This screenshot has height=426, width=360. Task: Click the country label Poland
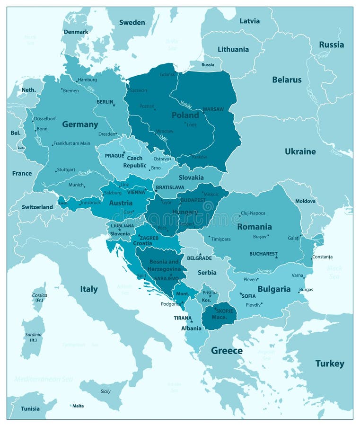pyautogui.click(x=185, y=115)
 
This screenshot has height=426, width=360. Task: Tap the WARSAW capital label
pyautogui.click(x=213, y=109)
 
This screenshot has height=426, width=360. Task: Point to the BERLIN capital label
pyautogui.click(x=105, y=102)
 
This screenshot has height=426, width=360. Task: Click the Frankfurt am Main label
pyautogui.click(x=72, y=143)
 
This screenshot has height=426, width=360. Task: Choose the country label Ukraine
pyautogui.click(x=300, y=151)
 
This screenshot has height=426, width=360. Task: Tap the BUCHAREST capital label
pyautogui.click(x=263, y=254)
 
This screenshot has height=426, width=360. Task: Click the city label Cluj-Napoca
pyautogui.click(x=253, y=213)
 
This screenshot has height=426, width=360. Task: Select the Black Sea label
pyautogui.click(x=334, y=272)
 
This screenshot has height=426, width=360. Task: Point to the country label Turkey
pyautogui.click(x=330, y=364)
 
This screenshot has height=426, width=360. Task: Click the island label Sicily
pyautogui.click(x=105, y=391)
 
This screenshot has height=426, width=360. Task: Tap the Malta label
pyautogui.click(x=78, y=406)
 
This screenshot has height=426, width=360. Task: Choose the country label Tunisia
pyautogui.click(x=30, y=408)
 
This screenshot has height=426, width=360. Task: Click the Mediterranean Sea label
pyautogui.click(x=44, y=379)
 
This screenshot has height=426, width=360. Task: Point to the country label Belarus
pyautogui.click(x=286, y=80)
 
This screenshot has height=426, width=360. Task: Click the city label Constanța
pyautogui.click(x=322, y=257)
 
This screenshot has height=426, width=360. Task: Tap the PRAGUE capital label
pyautogui.click(x=114, y=155)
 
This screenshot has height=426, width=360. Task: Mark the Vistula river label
pyautogui.click(x=186, y=103)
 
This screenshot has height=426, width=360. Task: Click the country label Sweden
pyautogui.click(x=132, y=22)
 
